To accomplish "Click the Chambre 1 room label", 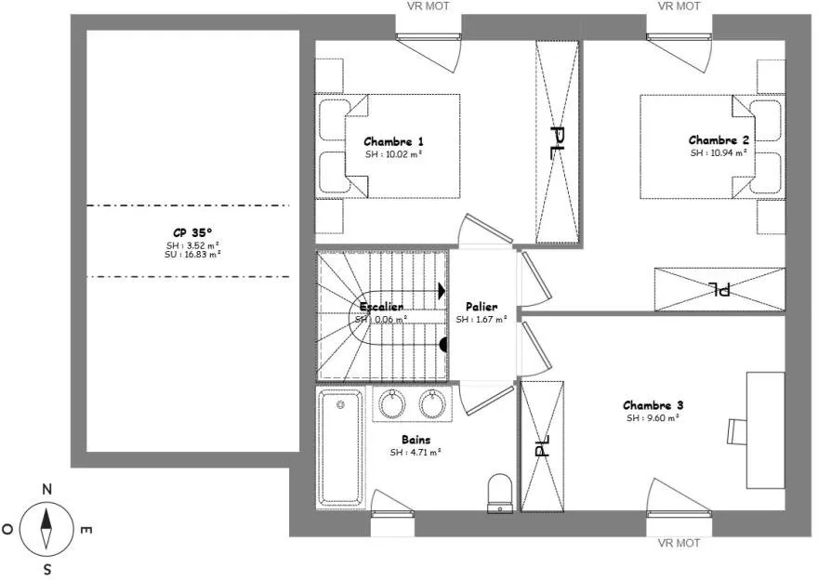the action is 393,142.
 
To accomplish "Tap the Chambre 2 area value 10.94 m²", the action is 719,152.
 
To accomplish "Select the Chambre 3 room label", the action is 653,405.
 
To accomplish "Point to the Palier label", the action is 482,307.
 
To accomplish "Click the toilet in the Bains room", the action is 499,493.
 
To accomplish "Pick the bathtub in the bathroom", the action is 340,448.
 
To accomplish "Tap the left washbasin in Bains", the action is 391,404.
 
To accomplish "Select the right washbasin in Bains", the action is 432,404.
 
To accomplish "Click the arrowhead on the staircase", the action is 442,291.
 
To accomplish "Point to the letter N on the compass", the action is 47,489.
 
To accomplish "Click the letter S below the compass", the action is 47,570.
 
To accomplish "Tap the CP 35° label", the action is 192,232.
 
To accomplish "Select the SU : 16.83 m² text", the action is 192,255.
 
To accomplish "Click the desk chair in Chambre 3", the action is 736,431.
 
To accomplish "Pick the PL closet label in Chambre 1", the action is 558,143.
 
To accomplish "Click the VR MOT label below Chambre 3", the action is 679,543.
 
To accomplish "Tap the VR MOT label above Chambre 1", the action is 428,7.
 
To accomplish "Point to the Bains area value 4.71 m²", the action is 416,453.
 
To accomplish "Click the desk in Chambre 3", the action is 765,430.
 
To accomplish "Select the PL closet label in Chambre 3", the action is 543,446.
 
